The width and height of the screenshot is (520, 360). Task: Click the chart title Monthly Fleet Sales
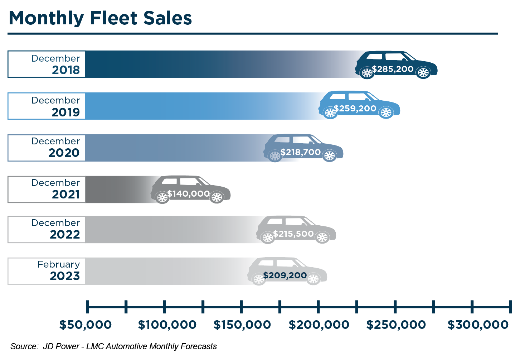click(x=100, y=18)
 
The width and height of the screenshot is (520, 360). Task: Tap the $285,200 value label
click(x=393, y=69)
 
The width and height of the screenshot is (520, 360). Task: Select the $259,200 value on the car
click(x=355, y=109)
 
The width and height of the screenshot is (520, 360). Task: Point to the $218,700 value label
click(x=300, y=152)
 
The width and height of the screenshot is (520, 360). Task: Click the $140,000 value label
click(x=188, y=194)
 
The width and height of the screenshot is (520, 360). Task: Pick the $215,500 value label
click(x=293, y=234)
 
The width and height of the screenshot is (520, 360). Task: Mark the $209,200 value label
click(x=285, y=275)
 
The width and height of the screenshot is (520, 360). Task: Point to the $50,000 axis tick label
click(x=86, y=325)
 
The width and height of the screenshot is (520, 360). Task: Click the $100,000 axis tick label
click(x=167, y=325)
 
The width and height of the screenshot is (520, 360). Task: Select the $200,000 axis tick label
click(x=319, y=325)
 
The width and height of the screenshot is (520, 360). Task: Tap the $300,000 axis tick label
click(x=478, y=325)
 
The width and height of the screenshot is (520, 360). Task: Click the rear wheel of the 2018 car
click(x=367, y=73)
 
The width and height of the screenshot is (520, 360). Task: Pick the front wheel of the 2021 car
click(x=217, y=197)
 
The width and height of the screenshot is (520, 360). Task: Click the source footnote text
click(x=113, y=346)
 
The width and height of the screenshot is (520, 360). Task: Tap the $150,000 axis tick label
click(x=242, y=325)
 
